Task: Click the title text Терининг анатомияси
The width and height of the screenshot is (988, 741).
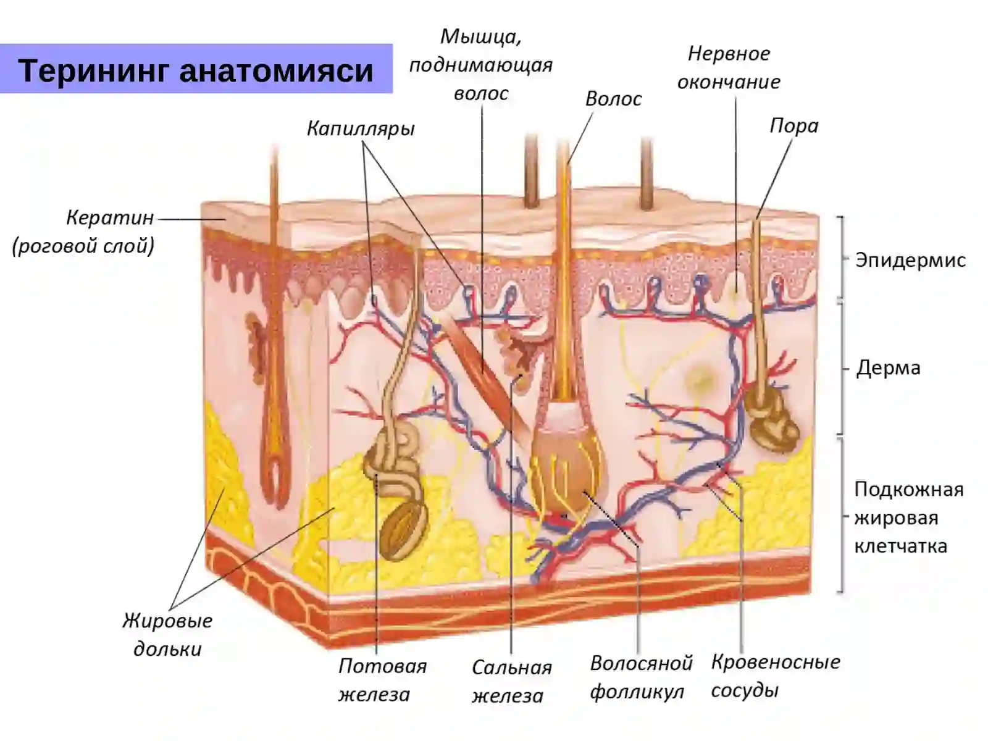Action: (x=196, y=70)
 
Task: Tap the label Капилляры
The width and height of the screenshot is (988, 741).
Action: (x=361, y=128)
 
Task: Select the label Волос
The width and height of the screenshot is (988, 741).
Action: (x=614, y=99)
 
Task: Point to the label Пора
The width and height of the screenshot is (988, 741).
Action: (x=794, y=126)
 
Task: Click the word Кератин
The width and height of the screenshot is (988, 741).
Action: (x=110, y=218)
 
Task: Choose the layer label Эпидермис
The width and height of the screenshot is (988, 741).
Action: (x=910, y=260)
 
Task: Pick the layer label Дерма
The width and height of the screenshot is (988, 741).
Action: (x=888, y=368)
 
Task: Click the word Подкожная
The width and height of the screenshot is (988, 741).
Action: (x=909, y=490)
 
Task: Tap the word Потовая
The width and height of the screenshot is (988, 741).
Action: (x=383, y=666)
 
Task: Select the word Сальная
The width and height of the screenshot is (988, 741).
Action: (x=512, y=668)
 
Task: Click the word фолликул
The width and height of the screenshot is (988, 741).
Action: (x=637, y=692)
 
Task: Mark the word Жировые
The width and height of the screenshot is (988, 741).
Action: (x=167, y=621)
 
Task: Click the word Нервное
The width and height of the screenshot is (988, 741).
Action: (x=729, y=54)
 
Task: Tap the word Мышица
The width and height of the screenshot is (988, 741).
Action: (x=480, y=37)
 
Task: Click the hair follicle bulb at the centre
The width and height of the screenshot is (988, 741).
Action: (x=568, y=468)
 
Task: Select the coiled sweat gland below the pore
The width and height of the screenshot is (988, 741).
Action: (x=771, y=419)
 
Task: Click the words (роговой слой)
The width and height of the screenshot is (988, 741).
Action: (x=83, y=246)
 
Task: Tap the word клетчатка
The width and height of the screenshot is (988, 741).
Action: (x=901, y=546)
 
